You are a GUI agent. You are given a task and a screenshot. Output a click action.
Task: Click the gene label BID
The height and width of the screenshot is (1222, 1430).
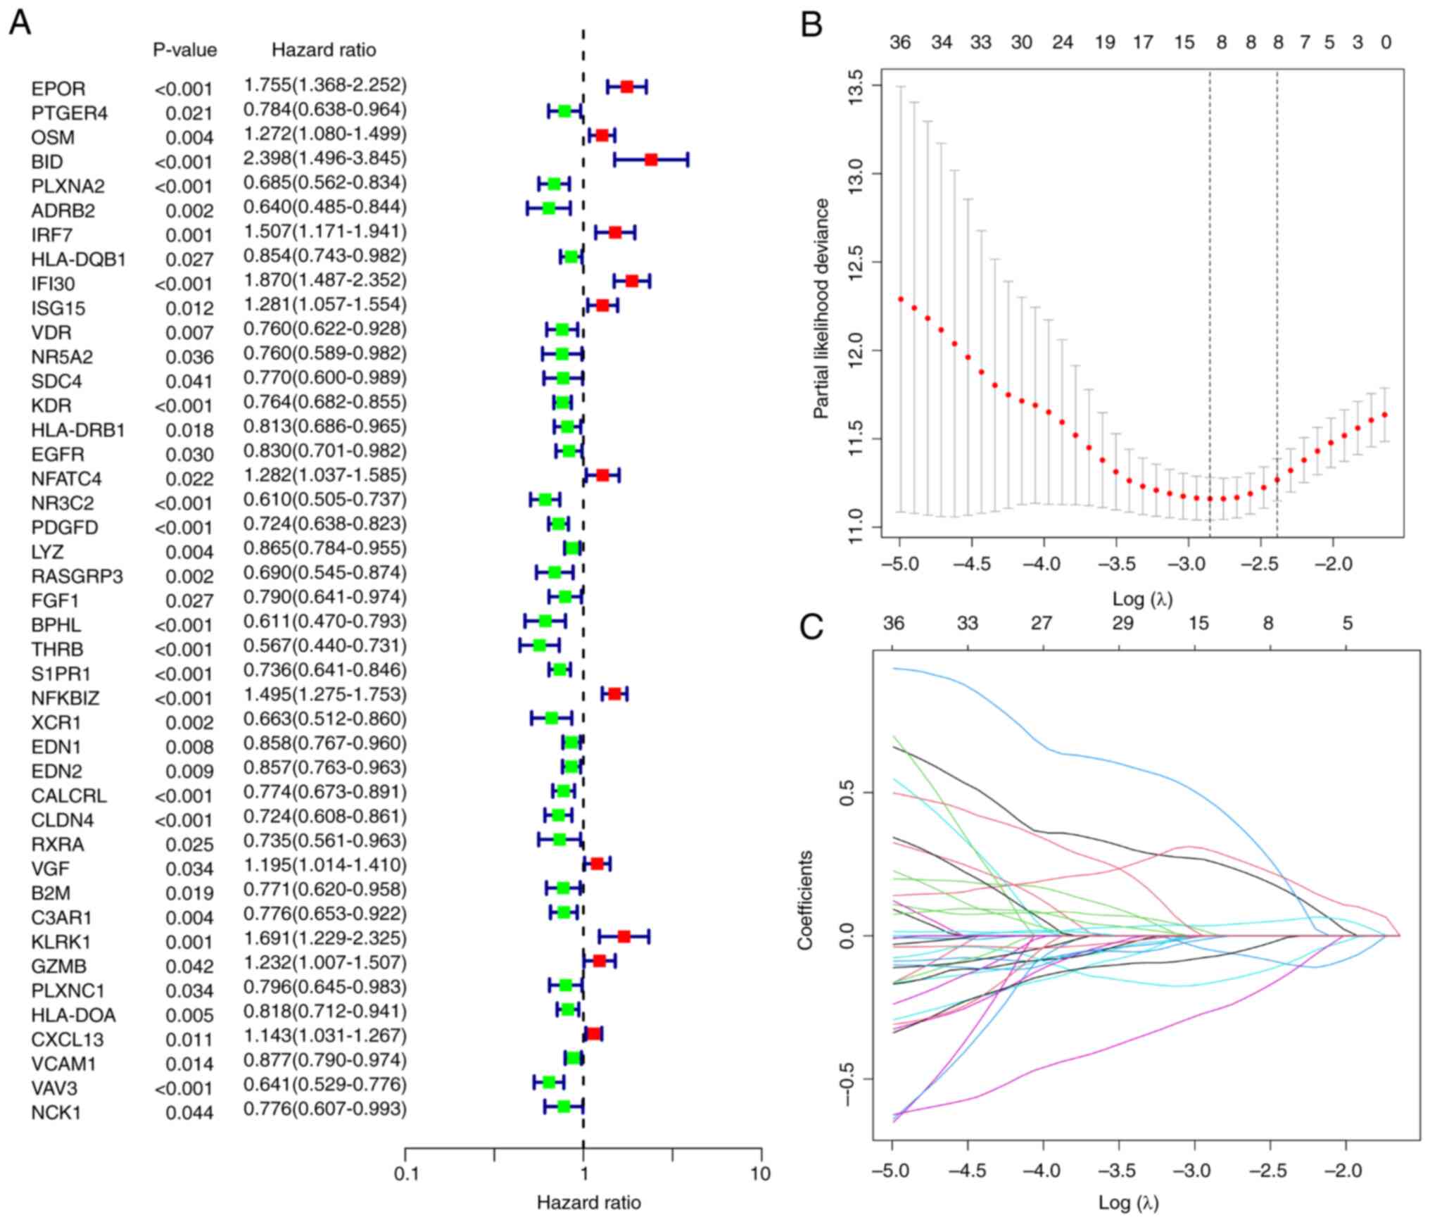[47, 162]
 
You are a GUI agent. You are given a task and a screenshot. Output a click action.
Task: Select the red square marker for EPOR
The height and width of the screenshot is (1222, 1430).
[626, 87]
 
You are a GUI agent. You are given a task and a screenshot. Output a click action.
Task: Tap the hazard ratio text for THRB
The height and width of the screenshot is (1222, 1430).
[325, 645]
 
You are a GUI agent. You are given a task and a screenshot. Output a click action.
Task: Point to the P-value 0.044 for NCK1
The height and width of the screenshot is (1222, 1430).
[189, 1113]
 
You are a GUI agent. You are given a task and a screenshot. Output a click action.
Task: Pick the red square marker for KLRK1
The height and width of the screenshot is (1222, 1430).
[624, 936]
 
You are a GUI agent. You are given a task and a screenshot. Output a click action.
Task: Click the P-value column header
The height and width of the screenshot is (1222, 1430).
[185, 50]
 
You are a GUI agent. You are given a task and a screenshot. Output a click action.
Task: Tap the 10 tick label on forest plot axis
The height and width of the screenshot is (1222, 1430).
[761, 1174]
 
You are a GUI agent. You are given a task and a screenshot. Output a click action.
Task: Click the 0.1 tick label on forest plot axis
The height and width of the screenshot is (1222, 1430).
[405, 1174]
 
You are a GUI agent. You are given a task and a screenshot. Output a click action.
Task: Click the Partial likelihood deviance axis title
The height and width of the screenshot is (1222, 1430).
[821, 309]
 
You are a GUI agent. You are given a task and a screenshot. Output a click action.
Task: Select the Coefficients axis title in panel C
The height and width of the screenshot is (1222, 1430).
[805, 900]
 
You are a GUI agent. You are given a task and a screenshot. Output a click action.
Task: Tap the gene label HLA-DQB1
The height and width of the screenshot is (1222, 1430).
[79, 260]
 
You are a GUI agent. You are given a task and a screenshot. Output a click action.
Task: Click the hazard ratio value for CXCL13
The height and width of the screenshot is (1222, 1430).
[325, 1035]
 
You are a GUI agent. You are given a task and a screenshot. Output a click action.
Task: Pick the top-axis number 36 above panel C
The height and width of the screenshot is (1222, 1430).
[893, 623]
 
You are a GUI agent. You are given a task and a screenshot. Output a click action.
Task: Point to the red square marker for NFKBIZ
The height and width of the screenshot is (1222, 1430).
[614, 693]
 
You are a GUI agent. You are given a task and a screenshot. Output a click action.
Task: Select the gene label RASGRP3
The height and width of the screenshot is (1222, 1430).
[77, 577]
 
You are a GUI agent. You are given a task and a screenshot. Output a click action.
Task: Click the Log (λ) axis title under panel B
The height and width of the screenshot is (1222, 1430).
[1142, 599]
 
